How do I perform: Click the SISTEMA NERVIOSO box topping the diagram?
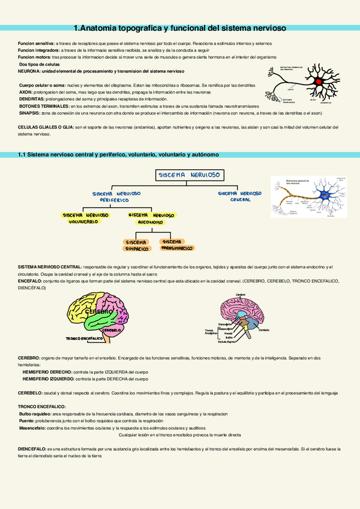pyautogui.click(x=189, y=175)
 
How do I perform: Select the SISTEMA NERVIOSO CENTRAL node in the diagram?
pyautogui.click(x=241, y=196)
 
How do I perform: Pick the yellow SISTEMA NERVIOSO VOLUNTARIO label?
pyautogui.click(x=86, y=218)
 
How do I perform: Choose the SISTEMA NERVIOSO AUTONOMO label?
pyautogui.click(x=151, y=218)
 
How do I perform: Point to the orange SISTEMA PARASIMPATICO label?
pyautogui.click(x=177, y=244)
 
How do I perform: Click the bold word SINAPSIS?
pyautogui.click(x=29, y=112)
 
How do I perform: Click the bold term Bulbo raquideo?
pyautogui.click(x=35, y=414)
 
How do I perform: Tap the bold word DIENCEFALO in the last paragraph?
pyautogui.click(x=32, y=448)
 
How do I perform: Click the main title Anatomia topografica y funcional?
pyautogui.click(x=179, y=28)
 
